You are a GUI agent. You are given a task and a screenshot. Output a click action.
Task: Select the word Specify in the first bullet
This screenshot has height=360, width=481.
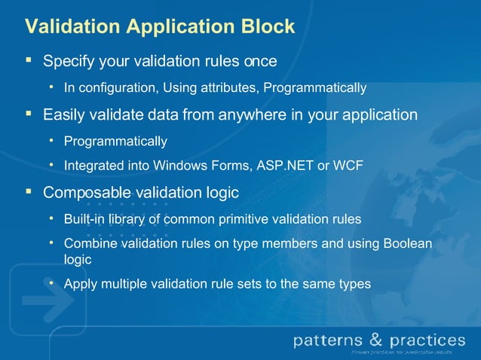click(69, 60)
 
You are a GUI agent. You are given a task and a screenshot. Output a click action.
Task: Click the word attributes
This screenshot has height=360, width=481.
click(230, 89)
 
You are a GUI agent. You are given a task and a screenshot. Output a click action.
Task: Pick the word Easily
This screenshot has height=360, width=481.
click(65, 115)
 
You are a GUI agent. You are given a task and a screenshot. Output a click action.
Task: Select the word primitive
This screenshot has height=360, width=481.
click(257, 219)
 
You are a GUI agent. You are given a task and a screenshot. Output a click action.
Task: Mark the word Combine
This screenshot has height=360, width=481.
click(87, 244)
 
